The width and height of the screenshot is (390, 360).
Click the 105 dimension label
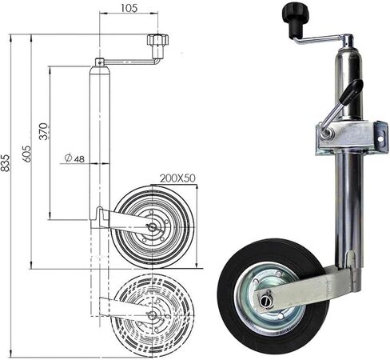pyautogui.click(x=129, y=8)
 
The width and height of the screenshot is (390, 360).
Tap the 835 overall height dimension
pyautogui.click(x=6, y=162)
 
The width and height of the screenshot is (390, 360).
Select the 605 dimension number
pyautogui.click(x=26, y=154)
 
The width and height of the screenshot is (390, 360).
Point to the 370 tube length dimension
pyautogui.click(x=43, y=131)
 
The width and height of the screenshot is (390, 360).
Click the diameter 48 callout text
pyautogui.click(x=74, y=158)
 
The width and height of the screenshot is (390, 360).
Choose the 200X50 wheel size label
pyautogui.click(x=177, y=178)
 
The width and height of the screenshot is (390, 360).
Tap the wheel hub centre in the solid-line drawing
pyautogui.click(x=152, y=227)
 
